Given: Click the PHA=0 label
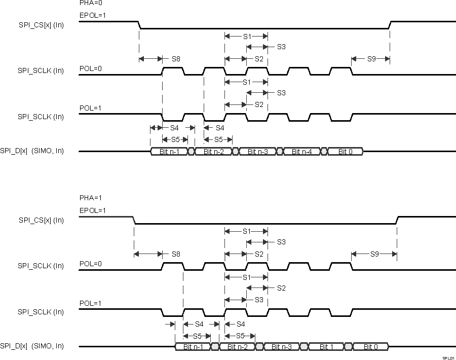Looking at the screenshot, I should pos(87,3).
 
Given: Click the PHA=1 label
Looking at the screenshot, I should pos(87,198).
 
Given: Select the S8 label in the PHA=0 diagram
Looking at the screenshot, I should pos(176,59).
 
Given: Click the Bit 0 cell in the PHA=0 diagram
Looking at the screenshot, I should pos(346,152).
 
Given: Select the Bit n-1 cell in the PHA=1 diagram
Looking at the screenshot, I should pos(193,347).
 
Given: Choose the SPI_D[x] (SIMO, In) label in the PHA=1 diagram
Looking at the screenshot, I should pos(32,347).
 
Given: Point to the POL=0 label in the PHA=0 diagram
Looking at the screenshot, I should pos(90,69).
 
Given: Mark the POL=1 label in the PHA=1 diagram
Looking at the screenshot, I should pos(90,303).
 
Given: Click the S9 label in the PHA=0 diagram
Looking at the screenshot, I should pos(371,59).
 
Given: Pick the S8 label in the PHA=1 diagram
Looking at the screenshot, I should pos(176,254).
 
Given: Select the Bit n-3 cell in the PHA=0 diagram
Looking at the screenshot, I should pos(257,152).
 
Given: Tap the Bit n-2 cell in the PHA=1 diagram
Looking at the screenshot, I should pos(237,347).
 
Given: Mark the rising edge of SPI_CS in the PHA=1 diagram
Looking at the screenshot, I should pos(397,220).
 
